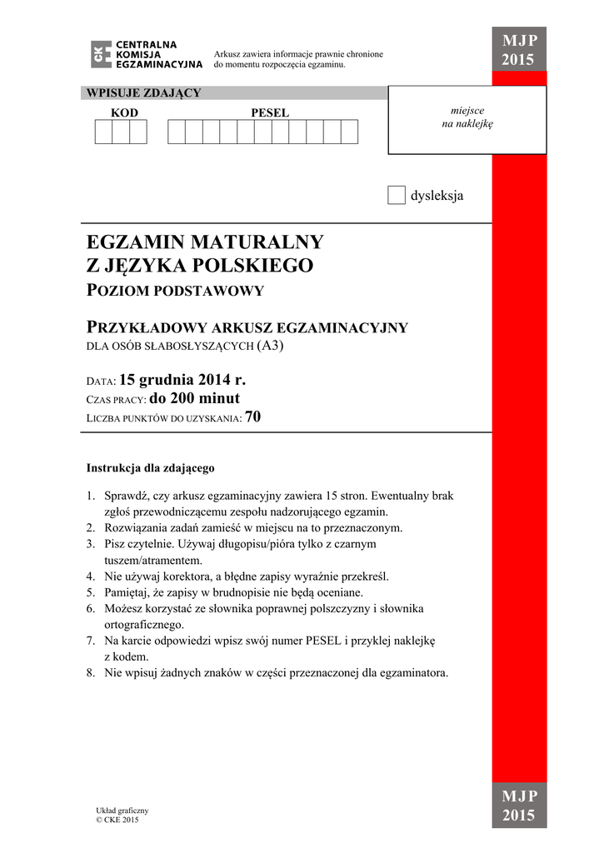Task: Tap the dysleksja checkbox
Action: point(397,196)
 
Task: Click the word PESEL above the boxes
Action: point(270,112)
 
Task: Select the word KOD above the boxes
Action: point(125,112)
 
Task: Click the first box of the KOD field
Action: point(103,132)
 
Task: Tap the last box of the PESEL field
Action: point(349,132)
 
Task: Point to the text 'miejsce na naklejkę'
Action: point(467,117)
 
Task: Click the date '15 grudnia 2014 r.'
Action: point(182,380)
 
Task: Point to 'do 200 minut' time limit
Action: point(206,398)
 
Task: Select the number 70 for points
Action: point(253,417)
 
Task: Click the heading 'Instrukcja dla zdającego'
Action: point(151,468)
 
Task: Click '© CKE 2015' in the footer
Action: point(117,820)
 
